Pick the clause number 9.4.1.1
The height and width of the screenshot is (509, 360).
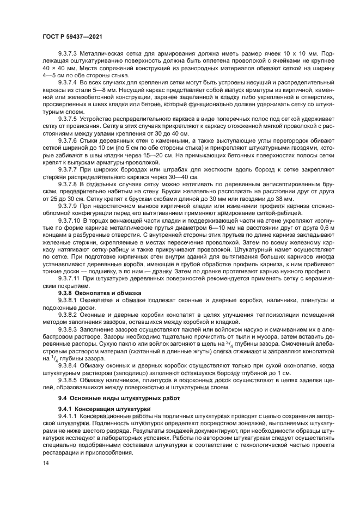(68, 416)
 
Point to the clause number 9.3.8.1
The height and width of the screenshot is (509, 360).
(68, 301)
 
